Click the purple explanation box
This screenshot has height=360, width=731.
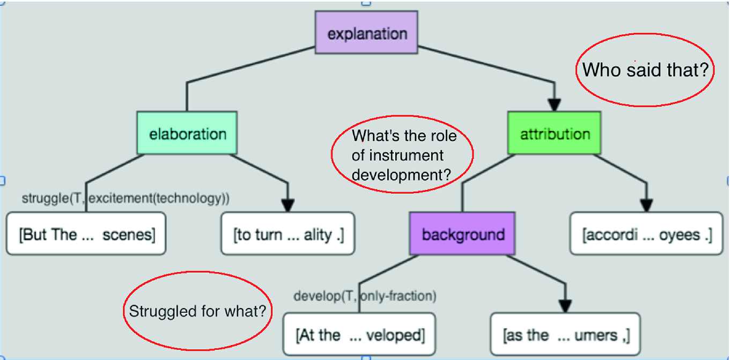tap(366, 32)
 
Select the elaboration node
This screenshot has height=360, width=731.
tap(187, 133)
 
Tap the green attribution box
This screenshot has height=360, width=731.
tap(554, 133)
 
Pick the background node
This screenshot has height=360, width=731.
tap(462, 233)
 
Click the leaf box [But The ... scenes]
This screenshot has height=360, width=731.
tap(86, 233)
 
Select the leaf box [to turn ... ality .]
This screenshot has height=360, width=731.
tap(288, 233)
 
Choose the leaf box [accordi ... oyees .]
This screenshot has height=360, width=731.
tap(646, 233)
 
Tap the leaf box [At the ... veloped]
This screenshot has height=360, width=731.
tap(359, 334)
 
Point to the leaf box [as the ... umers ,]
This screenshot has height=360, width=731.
tap(565, 334)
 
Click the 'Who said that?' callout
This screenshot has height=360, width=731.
tap(645, 34)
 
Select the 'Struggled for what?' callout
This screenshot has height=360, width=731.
tap(197, 272)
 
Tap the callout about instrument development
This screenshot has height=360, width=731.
tap(402, 116)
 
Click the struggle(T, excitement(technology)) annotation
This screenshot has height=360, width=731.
tap(125, 198)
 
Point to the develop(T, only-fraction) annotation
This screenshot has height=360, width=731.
tap(365, 296)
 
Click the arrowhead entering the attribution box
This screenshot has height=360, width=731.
tap(554, 105)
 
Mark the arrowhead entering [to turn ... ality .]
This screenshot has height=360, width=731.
tap(288, 205)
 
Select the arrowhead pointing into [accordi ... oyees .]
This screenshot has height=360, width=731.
tap(646, 205)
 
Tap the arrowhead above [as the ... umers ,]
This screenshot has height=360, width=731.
tap(565, 306)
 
